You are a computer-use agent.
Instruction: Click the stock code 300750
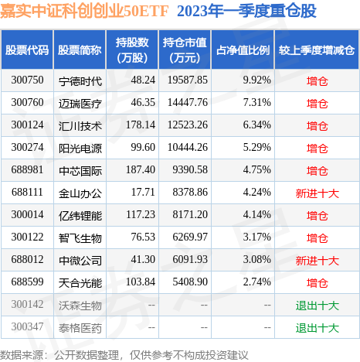(x=27, y=80)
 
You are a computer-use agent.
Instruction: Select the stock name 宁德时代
(x=80, y=80)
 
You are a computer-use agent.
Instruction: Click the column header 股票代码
(x=27, y=50)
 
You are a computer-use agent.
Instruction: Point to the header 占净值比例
(x=242, y=50)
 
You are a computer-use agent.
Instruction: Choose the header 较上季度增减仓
(x=318, y=50)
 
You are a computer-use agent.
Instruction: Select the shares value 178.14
(x=134, y=125)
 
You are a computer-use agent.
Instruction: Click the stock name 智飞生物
(x=80, y=237)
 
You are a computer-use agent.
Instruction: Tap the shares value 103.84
(x=134, y=283)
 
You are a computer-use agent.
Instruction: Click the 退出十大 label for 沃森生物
(x=318, y=306)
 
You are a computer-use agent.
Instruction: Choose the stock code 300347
(x=27, y=328)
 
